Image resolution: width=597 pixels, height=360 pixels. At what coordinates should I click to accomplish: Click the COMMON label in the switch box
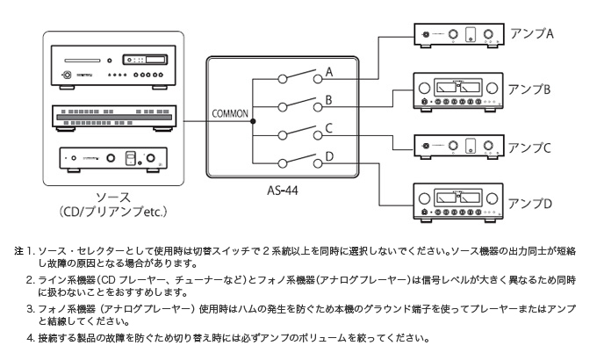tap(231, 114)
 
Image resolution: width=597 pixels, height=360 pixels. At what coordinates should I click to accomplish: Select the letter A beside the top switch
tap(329, 70)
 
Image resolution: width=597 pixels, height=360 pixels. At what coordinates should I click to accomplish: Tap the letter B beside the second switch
tap(329, 100)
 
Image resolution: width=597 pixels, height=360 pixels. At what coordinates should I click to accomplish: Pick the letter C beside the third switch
tap(329, 128)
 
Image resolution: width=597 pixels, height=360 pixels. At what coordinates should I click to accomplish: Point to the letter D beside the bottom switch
tap(329, 157)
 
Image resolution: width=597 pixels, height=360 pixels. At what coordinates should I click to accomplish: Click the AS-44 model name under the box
tap(284, 189)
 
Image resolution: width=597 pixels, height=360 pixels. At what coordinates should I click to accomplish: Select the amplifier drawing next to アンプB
tap(458, 91)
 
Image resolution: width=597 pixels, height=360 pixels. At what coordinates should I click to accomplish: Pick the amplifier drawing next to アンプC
tap(458, 146)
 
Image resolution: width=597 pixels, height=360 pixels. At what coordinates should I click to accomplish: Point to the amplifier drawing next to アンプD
tap(458, 203)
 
